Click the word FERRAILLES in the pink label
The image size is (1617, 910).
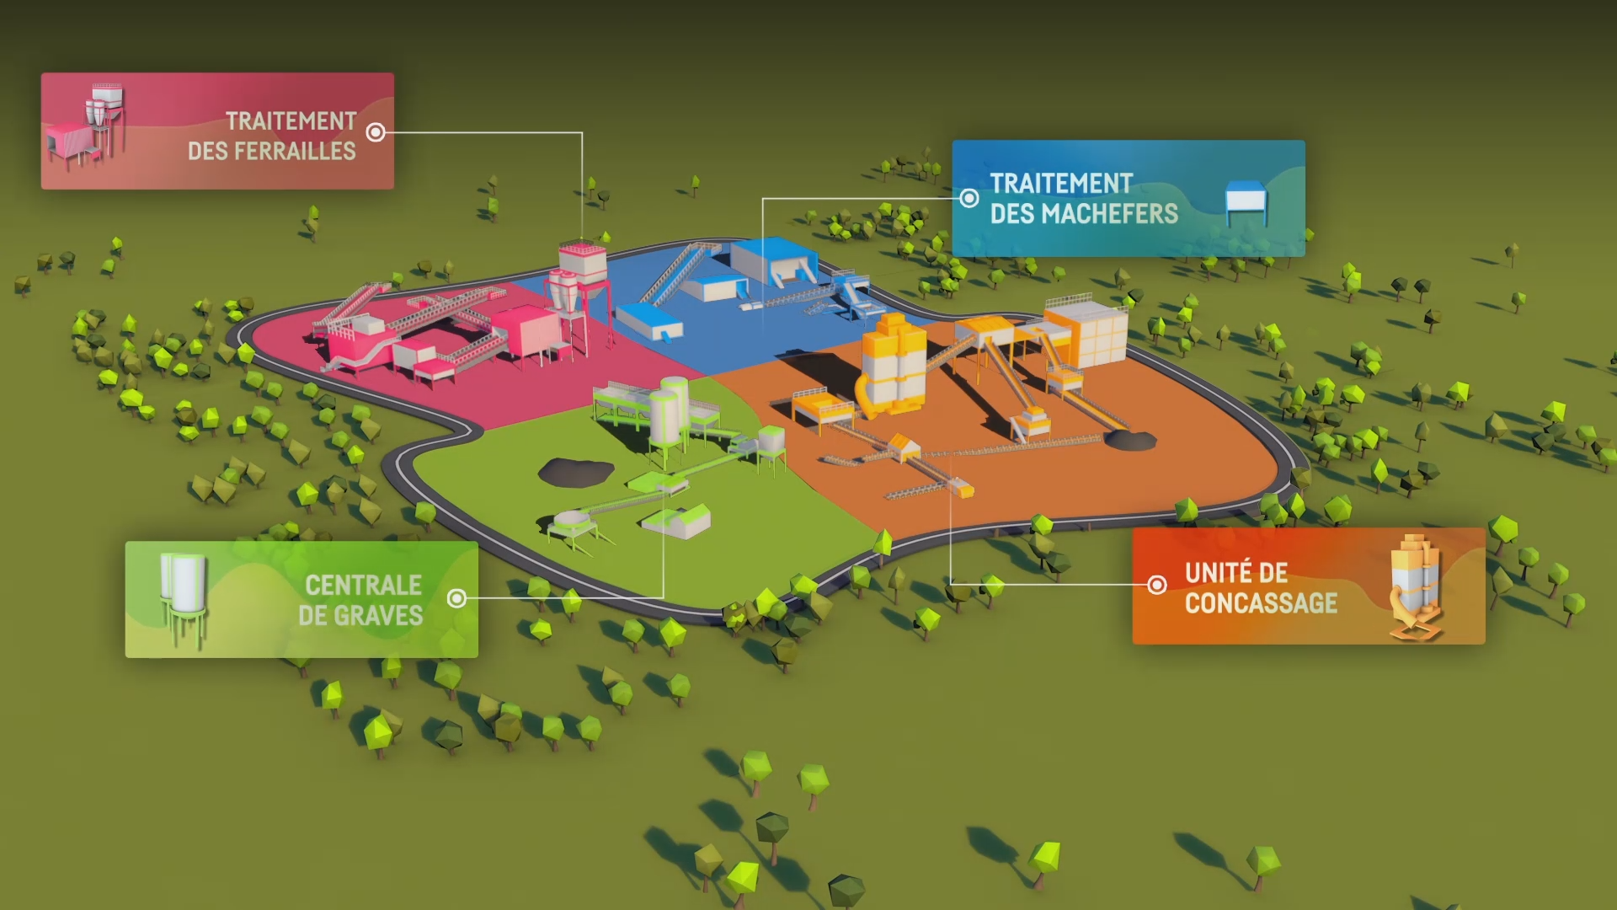tap(296, 152)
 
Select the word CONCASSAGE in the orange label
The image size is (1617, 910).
tap(1261, 603)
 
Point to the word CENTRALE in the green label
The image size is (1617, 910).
tap(363, 586)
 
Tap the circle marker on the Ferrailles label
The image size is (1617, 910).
tap(376, 132)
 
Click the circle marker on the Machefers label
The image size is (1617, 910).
tap(969, 198)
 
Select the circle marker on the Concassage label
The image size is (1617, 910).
tap(1157, 585)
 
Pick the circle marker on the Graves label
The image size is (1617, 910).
tap(456, 598)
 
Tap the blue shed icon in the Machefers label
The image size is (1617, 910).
tap(1246, 202)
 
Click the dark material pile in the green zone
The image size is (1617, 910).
tap(576, 471)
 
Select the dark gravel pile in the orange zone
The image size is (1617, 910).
tap(1129, 439)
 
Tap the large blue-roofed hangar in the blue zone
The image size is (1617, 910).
tap(773, 259)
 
